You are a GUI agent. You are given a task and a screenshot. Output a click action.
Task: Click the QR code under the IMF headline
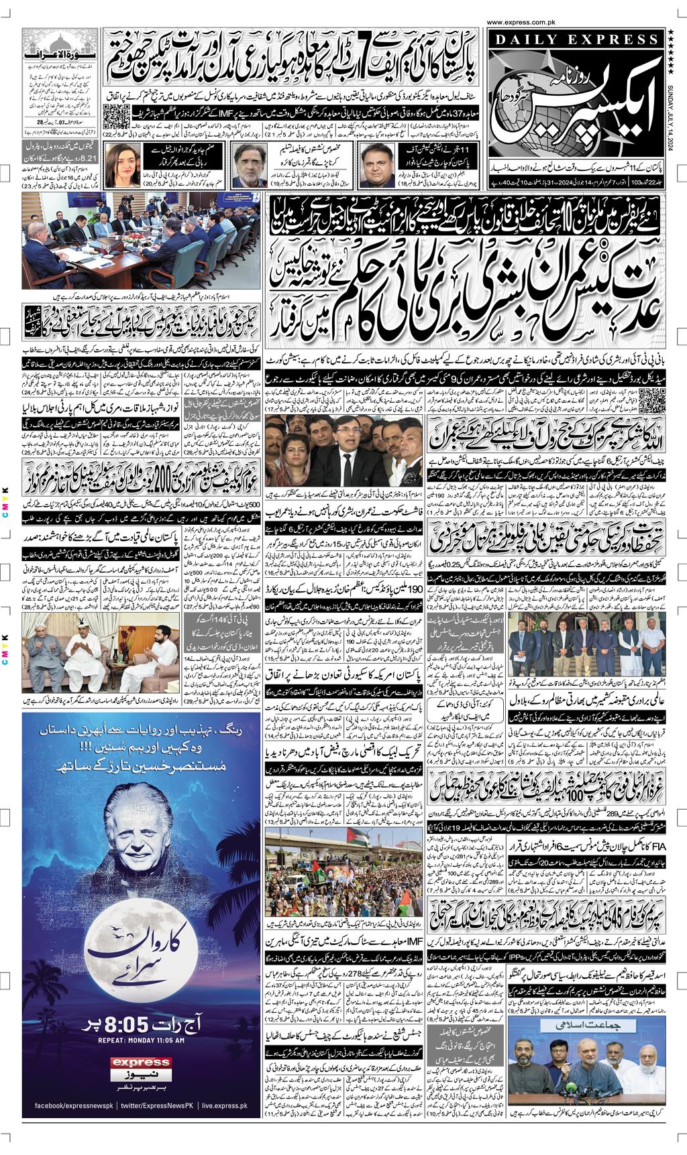coord(114,114)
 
